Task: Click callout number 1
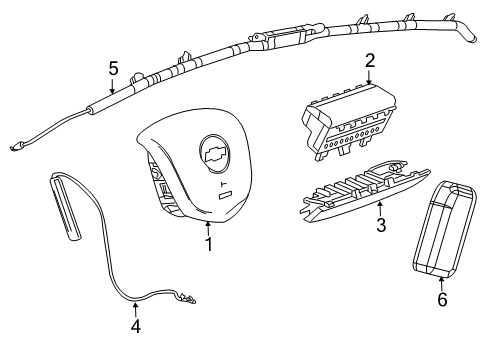pos(209,244)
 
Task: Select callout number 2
pos(370,61)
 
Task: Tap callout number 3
pos(381,225)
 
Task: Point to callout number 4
pos(135,326)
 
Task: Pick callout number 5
pos(113,69)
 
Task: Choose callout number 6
pos(442,299)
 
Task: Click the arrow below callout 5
pos(112,85)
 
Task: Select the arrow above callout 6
pos(442,284)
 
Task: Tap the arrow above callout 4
pos(135,309)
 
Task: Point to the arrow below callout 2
pos(369,77)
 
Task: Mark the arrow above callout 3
pos(380,209)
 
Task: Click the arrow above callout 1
pos(208,229)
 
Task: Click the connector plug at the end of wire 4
pos(187,298)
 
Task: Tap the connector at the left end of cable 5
pos(16,146)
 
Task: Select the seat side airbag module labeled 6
pos(445,229)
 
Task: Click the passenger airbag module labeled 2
pos(349,122)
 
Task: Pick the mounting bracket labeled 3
pos(366,192)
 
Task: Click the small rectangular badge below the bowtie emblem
pos(226,195)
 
